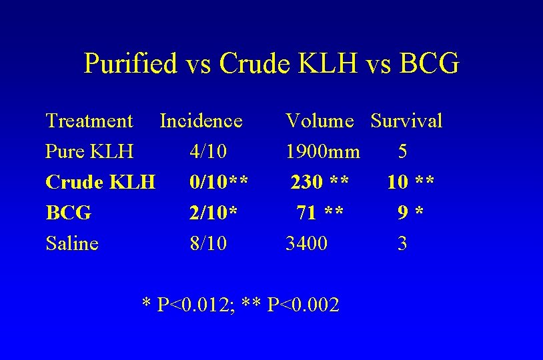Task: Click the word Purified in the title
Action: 130,64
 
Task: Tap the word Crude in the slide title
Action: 253,64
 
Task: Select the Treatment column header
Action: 89,121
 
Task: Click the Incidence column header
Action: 201,121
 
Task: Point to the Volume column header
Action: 320,121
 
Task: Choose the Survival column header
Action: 406,121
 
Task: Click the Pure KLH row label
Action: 89,152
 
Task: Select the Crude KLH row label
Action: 100,182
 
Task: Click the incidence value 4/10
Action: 208,152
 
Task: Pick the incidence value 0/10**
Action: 219,182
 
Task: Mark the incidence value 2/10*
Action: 213,213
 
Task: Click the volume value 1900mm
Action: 323,152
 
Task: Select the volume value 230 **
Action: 318,182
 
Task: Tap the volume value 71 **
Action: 320,213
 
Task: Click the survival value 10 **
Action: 411,182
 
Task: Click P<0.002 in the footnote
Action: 303,305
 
